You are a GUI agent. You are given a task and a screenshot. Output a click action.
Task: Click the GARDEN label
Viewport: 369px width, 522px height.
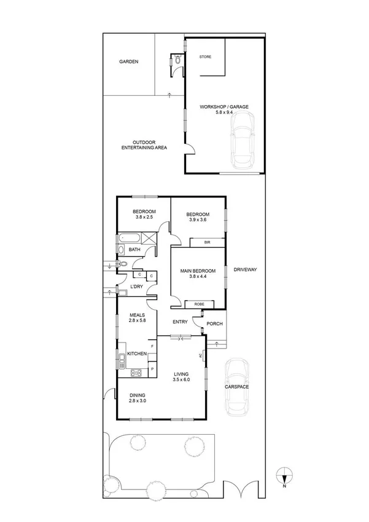coord(128,61)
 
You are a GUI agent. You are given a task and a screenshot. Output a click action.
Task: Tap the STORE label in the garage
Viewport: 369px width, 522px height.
coord(205,57)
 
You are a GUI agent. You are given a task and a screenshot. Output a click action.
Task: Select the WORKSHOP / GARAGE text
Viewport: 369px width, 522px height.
coord(224,107)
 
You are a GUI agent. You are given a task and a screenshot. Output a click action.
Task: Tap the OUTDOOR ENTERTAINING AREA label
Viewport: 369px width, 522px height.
coord(144,145)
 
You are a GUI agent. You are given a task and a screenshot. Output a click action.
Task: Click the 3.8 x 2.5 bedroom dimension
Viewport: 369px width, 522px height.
coord(144,218)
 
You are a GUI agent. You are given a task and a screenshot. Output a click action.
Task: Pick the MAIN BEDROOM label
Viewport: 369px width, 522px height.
coord(197,271)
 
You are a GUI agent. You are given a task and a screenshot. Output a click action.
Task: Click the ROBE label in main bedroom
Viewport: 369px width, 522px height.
coord(199,304)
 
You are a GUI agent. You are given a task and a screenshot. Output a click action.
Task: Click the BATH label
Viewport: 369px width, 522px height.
coord(134,250)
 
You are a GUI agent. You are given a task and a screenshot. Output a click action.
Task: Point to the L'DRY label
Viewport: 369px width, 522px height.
coord(136,287)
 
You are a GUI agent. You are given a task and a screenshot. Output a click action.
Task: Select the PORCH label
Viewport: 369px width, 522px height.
coord(215,324)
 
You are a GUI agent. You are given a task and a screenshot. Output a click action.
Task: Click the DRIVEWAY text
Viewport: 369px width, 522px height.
coord(244,269)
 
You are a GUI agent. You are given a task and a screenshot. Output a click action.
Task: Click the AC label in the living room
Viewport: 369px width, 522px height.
coord(200,355)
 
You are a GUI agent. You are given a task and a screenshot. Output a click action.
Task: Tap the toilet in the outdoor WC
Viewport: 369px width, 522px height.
coord(177,61)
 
